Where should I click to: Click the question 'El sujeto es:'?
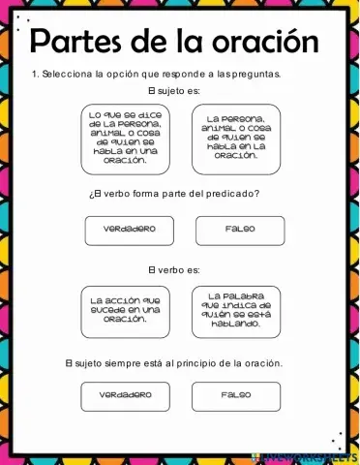pos(179,90)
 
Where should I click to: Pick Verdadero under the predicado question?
pos(130,231)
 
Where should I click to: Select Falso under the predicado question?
pos(239,231)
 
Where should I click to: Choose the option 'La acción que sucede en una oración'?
pos(125,309)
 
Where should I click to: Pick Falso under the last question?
pos(235,395)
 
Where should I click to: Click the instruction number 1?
pos(35,73)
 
